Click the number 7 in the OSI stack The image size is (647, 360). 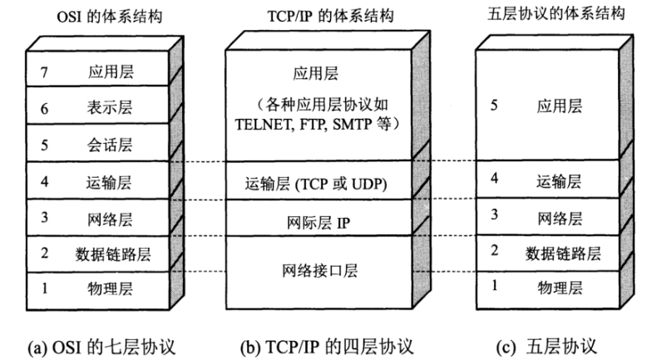tap(44, 72)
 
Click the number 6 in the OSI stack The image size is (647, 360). tap(44, 107)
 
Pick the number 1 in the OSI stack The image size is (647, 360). tap(44, 288)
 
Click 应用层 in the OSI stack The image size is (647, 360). tap(111, 72)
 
